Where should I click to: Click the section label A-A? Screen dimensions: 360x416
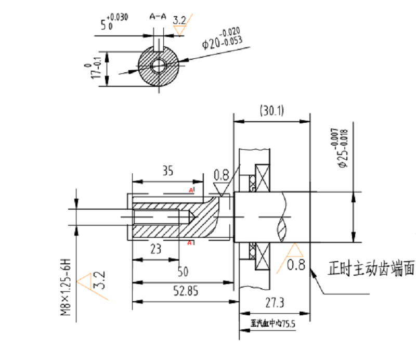pos(158,17)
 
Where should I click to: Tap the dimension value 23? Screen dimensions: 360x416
pos(155,249)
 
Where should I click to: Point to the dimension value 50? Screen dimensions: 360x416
pos(182,272)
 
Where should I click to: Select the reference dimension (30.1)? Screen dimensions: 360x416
pos(271,110)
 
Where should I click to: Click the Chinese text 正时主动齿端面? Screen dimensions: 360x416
pos(371,269)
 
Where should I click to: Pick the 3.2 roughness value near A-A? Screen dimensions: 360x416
pos(179,20)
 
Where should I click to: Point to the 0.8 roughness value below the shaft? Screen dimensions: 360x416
pos(296,266)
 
